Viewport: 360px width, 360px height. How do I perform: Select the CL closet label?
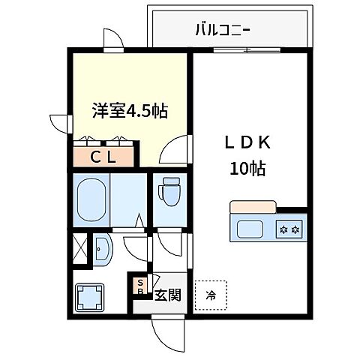click(x=103, y=157)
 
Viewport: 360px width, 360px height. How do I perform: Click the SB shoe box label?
click(x=139, y=286)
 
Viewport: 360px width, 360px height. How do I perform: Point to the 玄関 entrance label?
click(x=168, y=295)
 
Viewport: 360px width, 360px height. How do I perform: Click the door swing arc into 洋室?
click(x=173, y=150)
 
